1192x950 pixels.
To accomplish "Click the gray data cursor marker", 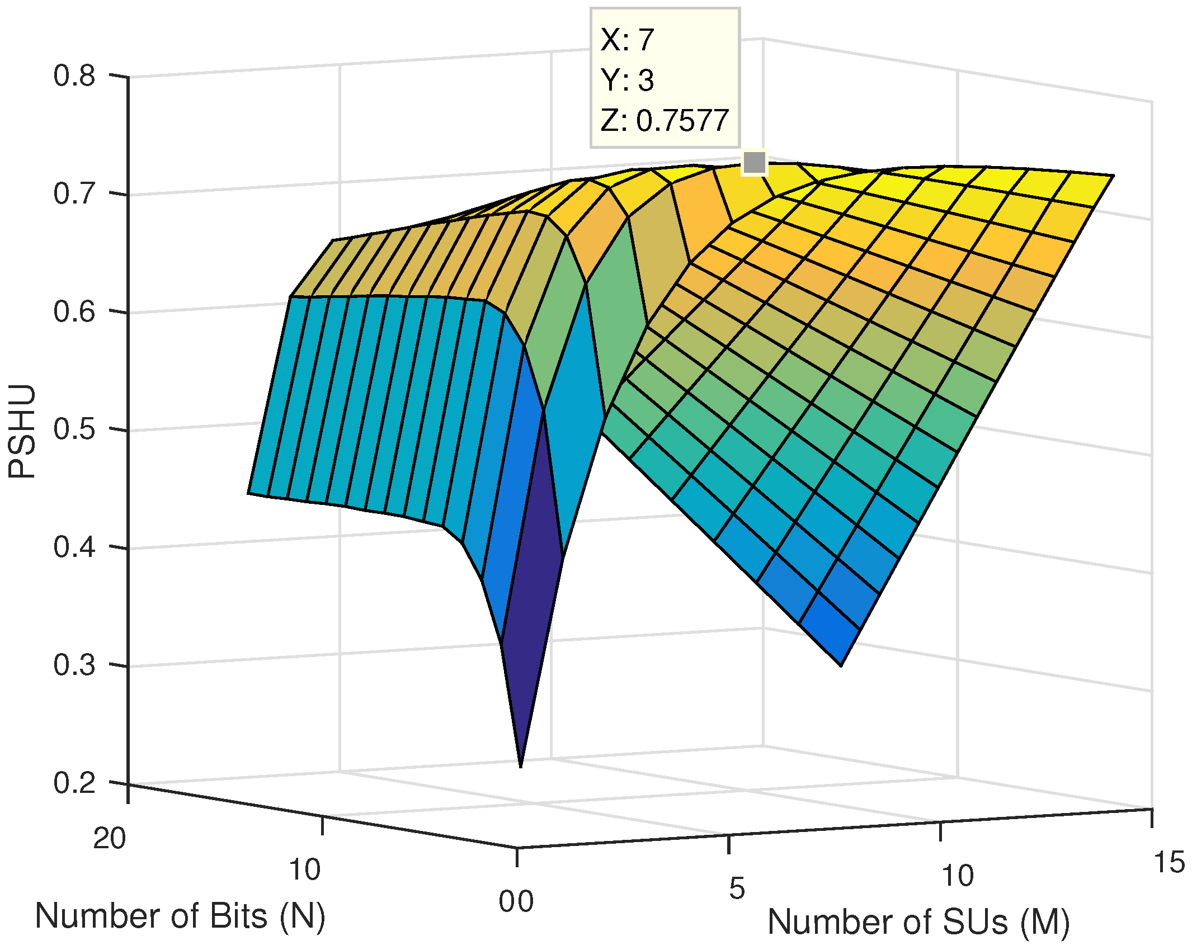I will tap(754, 163).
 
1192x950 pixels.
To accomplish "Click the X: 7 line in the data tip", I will tap(627, 40).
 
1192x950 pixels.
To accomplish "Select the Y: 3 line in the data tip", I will tap(627, 81).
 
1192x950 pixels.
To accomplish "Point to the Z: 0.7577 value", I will tap(665, 121).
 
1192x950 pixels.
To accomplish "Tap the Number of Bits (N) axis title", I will tap(180, 917).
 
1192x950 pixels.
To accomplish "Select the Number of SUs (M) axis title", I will tap(918, 922).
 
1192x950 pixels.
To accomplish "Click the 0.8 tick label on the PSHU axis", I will tap(74, 75).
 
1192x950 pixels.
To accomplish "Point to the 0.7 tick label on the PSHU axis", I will tap(74, 193).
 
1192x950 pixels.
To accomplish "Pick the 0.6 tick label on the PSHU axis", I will tap(74, 311).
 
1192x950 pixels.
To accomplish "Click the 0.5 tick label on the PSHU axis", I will tap(74, 429).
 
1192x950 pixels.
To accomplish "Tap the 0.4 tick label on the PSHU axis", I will tap(74, 547).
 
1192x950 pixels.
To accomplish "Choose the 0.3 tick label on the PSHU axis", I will tap(74, 665).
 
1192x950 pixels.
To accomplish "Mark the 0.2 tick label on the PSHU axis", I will tap(74, 783).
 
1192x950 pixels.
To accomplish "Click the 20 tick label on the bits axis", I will tap(110, 839).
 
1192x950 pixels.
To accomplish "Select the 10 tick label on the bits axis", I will tap(304, 870).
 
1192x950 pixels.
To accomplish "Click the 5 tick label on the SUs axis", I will tap(737, 888).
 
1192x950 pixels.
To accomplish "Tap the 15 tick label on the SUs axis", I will tap(1169, 863).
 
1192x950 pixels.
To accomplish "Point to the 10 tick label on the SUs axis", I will tap(958, 876).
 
